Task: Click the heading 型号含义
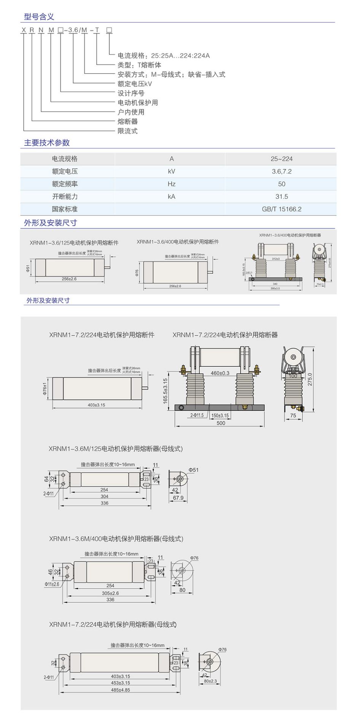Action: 39,16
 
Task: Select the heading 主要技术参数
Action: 47,142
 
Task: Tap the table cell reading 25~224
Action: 281,159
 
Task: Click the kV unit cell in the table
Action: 171,171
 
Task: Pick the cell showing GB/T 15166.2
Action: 281,209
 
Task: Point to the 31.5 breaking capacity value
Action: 281,196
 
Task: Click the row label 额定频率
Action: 65,184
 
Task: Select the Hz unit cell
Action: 171,184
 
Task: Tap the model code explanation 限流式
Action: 127,131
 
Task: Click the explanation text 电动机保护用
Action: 137,102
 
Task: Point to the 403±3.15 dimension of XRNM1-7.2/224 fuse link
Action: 96,405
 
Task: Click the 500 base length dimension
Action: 221,423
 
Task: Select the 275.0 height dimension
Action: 310,379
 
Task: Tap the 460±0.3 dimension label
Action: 220,373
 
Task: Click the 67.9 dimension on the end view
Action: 178,498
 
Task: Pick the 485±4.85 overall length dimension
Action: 120,689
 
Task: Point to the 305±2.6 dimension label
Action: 110,593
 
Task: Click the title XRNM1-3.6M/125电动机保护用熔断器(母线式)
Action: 116,449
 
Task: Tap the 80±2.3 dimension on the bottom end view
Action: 210,681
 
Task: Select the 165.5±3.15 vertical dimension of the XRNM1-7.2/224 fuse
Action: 165,391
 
